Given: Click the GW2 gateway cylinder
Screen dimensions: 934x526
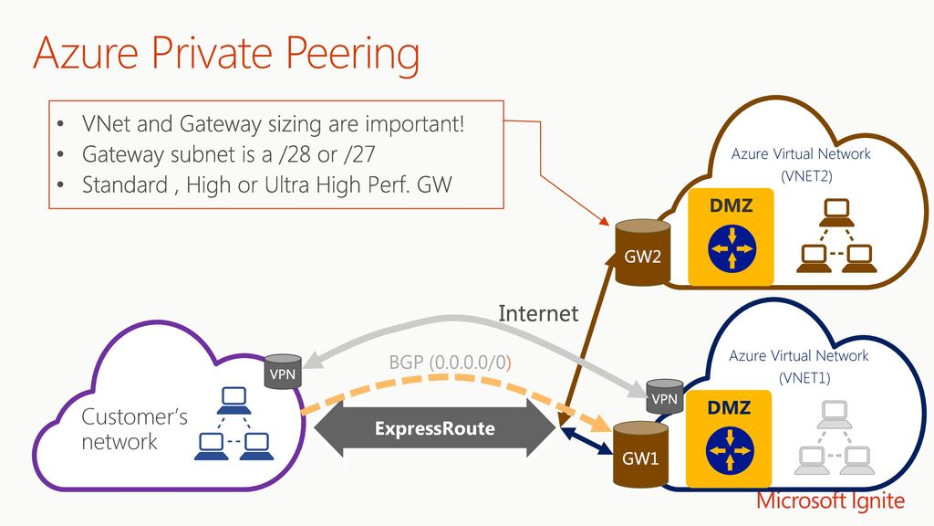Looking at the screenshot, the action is [643, 252].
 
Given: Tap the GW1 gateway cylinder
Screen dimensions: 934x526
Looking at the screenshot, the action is [641, 455].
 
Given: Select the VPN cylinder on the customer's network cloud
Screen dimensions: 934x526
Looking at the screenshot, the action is [283, 372].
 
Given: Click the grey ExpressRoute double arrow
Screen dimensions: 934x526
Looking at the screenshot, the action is [435, 429].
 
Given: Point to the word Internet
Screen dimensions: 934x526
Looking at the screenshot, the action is [538, 314].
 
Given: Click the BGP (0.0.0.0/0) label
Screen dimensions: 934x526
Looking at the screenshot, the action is [450, 362].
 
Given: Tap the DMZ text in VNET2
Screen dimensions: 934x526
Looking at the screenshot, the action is [731, 205].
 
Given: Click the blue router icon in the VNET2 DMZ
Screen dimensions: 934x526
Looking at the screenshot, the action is [732, 248].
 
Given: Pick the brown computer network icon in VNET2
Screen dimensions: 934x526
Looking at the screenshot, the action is [836, 236].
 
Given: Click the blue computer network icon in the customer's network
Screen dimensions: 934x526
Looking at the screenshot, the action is [234, 424].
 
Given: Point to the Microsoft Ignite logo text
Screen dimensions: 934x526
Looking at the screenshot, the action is [830, 501].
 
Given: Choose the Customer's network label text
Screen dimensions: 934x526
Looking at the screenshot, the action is [134, 429].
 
